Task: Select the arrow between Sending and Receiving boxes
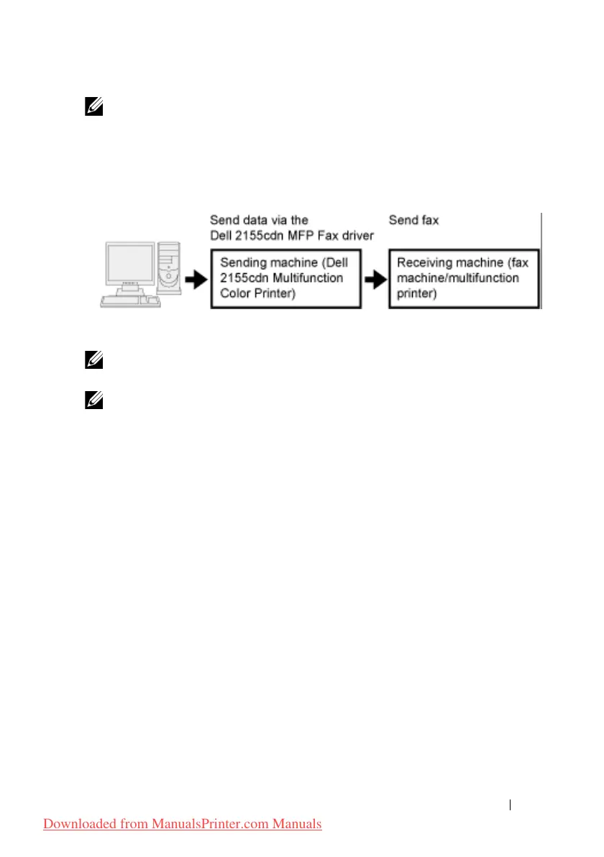point(375,280)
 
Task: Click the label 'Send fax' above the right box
point(413,220)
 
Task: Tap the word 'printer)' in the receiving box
point(416,294)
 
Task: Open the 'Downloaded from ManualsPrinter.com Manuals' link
point(183,824)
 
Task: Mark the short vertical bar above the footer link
point(510,805)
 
